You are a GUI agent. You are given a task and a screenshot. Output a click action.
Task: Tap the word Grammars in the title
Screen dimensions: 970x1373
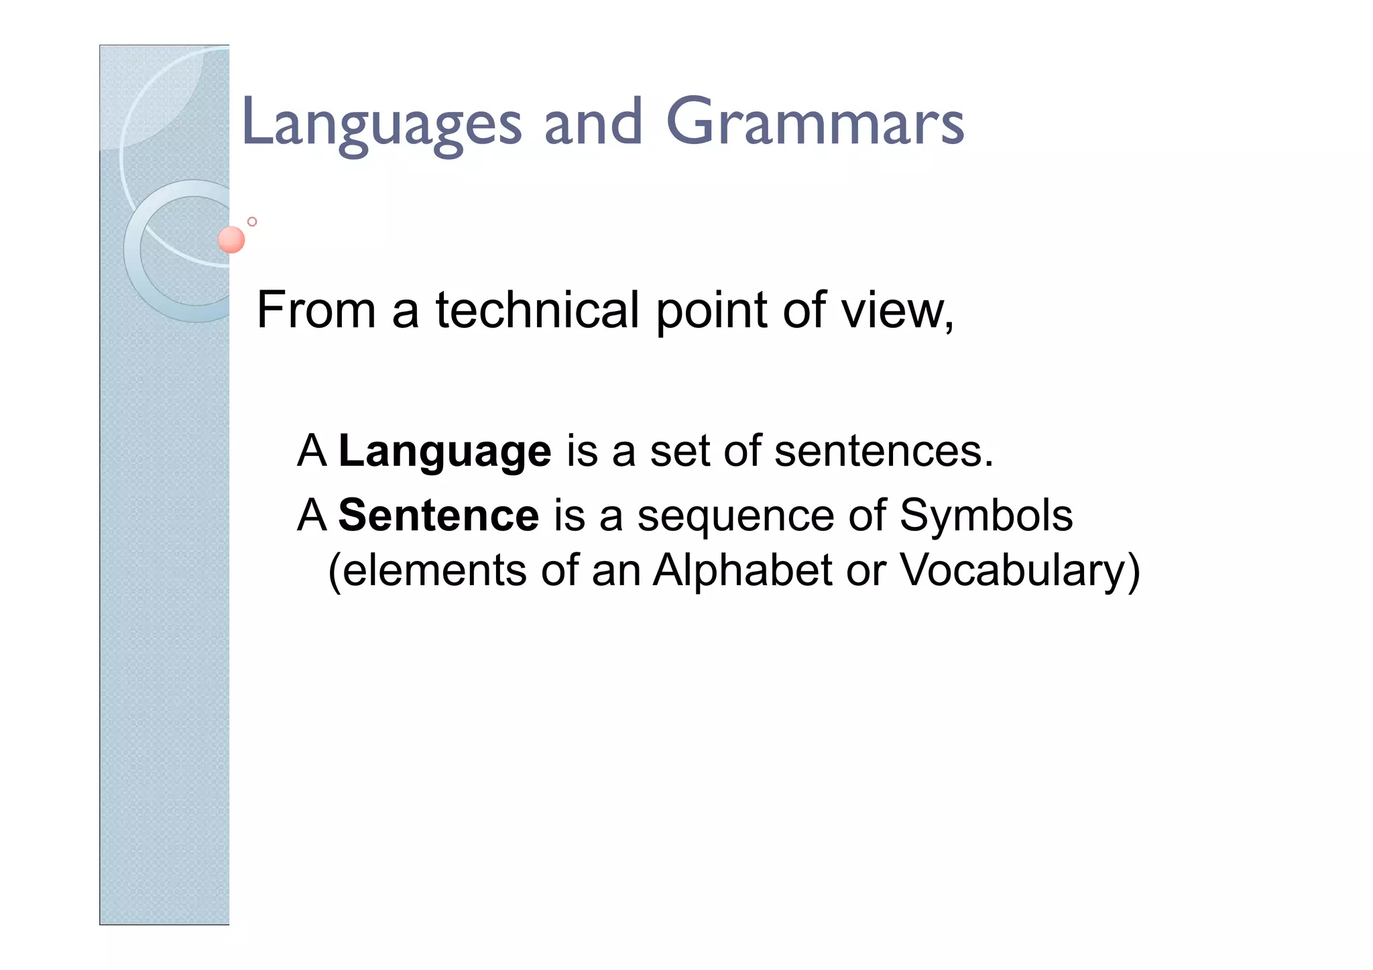tap(815, 123)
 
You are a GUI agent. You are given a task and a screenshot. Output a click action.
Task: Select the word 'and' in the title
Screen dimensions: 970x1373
tap(593, 123)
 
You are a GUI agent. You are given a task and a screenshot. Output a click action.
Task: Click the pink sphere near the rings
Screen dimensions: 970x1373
tap(231, 240)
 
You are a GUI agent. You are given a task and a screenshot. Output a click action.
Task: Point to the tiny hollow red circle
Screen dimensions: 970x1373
tap(252, 222)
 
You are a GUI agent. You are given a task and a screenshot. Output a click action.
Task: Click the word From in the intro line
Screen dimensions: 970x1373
tap(316, 310)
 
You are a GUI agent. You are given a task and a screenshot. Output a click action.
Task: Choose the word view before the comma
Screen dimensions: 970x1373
tap(892, 310)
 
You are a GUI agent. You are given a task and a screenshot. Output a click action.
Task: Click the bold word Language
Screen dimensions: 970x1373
tap(445, 452)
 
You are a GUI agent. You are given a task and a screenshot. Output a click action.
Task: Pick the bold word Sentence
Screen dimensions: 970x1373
tap(438, 516)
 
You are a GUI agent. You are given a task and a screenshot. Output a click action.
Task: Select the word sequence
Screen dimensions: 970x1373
tap(735, 517)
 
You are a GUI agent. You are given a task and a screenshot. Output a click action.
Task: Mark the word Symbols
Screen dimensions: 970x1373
tap(986, 516)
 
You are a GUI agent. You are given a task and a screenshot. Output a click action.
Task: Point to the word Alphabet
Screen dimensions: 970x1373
tap(742, 571)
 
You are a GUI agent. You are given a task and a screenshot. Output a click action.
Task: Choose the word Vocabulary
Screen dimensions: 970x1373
tap(1012, 571)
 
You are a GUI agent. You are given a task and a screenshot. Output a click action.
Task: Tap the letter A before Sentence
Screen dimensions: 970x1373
tap(312, 516)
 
